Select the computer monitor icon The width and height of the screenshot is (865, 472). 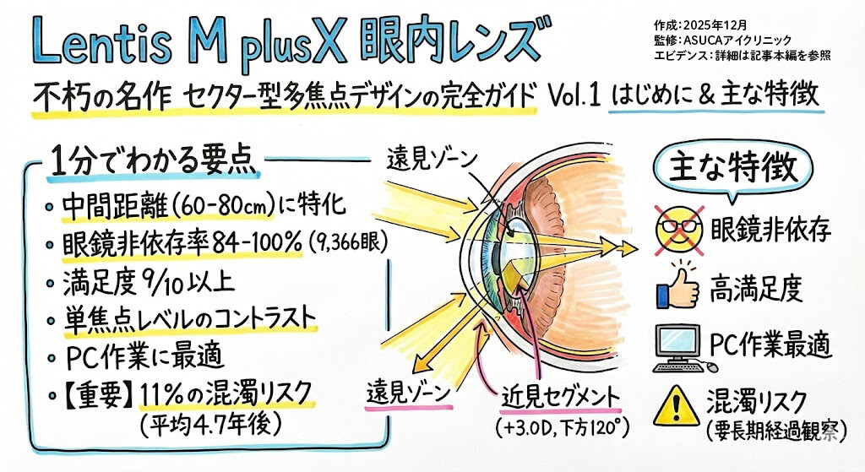coord(677,345)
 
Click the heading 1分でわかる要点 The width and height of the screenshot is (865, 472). coord(153,161)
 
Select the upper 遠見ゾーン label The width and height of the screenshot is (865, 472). coord(432,157)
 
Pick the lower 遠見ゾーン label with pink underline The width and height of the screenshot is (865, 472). coord(410,393)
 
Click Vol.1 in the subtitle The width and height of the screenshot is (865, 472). coord(575,95)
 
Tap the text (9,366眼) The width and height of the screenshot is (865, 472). coord(348,243)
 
